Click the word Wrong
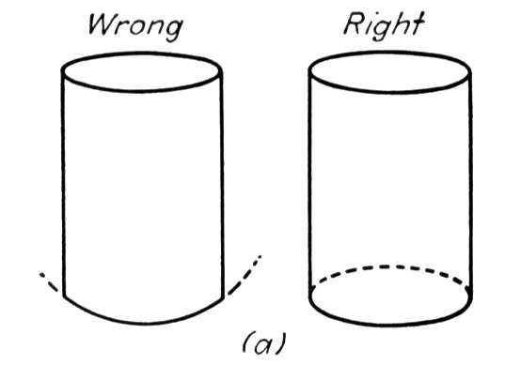(x=135, y=27)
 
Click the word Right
(x=385, y=25)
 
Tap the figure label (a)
(x=264, y=344)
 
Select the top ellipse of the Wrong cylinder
(x=142, y=92)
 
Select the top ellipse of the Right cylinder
(x=390, y=93)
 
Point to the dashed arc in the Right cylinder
(x=389, y=266)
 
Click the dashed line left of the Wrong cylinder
(x=49, y=281)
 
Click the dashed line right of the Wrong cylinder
(x=245, y=276)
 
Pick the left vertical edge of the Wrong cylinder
(x=63, y=183)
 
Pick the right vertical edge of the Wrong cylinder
(x=222, y=185)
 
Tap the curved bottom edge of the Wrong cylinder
(x=143, y=323)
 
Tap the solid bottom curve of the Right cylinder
(x=390, y=325)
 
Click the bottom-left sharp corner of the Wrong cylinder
(x=64, y=297)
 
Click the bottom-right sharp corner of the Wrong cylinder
(x=222, y=298)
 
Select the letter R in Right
(x=355, y=24)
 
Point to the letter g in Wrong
(x=174, y=32)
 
